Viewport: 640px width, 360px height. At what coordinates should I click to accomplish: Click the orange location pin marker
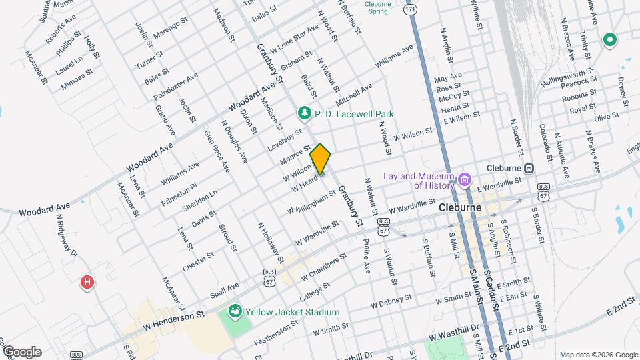[x=321, y=159]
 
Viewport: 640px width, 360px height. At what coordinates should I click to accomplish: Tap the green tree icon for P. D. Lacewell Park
[x=305, y=114]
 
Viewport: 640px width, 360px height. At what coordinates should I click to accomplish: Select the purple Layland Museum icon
[x=465, y=179]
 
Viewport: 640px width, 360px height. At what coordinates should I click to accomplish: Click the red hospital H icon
[x=86, y=283]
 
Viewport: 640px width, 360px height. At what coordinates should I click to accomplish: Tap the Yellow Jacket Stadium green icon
[x=234, y=311]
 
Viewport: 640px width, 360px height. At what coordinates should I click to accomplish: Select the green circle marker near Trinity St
[x=609, y=40]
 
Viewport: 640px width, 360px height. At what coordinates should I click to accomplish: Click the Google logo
[x=21, y=352]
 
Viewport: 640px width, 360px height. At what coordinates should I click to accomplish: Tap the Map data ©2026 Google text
[x=598, y=354]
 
